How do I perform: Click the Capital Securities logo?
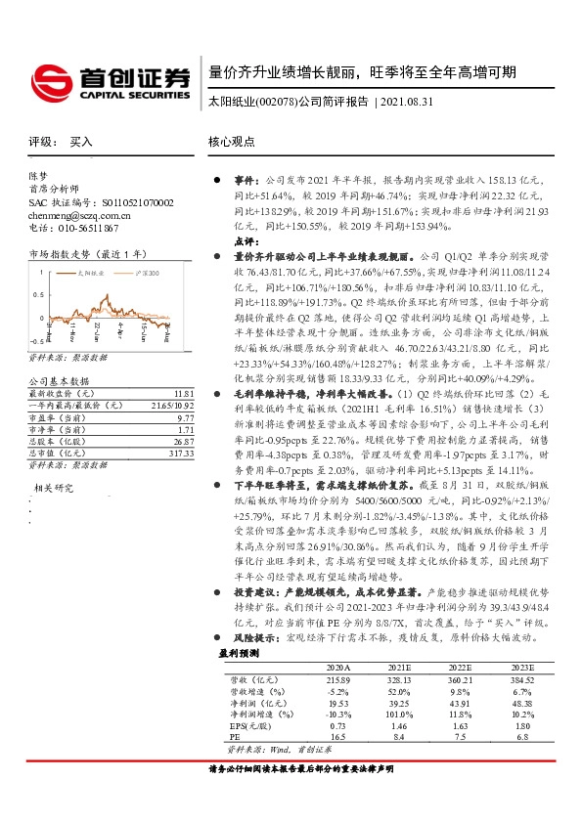108,80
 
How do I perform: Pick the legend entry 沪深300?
146,277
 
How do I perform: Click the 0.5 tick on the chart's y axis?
37,291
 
